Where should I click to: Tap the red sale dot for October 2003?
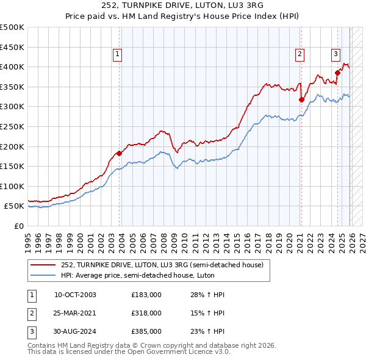click(x=119, y=153)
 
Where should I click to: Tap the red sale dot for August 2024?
click(x=337, y=73)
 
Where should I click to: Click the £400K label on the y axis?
click(x=12, y=67)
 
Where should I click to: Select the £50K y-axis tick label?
click(x=14, y=206)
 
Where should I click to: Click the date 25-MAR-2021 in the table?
click(x=76, y=313)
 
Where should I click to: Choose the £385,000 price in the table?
click(x=146, y=331)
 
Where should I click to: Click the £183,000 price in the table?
click(x=146, y=295)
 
